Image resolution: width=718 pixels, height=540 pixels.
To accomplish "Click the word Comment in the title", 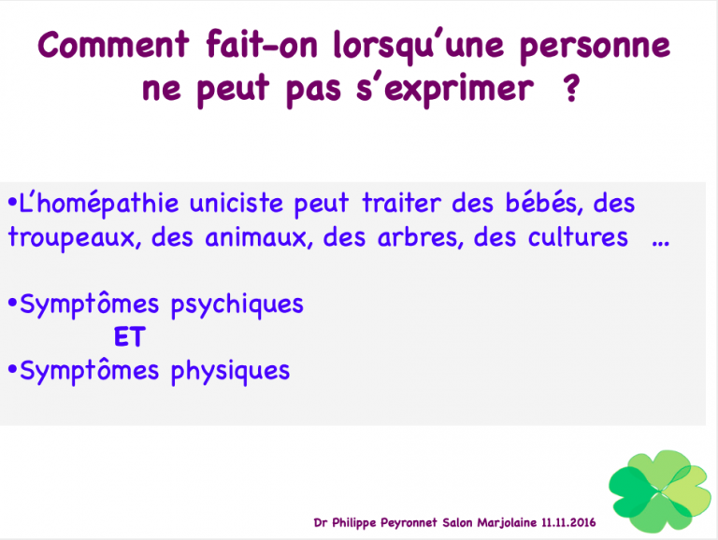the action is [x=113, y=45].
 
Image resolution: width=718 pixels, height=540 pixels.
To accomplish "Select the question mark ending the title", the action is [x=571, y=87].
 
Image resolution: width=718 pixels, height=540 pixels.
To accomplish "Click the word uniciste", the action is [x=237, y=203].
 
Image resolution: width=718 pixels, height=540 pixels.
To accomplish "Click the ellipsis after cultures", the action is [x=661, y=243].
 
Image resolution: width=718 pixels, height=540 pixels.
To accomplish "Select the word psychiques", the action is [x=237, y=306].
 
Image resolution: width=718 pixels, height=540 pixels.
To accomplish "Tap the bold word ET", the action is [x=130, y=336].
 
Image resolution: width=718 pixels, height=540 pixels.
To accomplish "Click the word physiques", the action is [x=230, y=372].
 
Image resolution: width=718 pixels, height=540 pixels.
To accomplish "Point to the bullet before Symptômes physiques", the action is [x=12, y=369].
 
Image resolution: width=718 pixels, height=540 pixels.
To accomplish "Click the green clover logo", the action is [x=660, y=491].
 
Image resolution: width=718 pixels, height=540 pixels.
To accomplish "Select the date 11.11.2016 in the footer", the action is [x=568, y=522].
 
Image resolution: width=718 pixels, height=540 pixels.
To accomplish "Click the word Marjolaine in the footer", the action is [x=507, y=522].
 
